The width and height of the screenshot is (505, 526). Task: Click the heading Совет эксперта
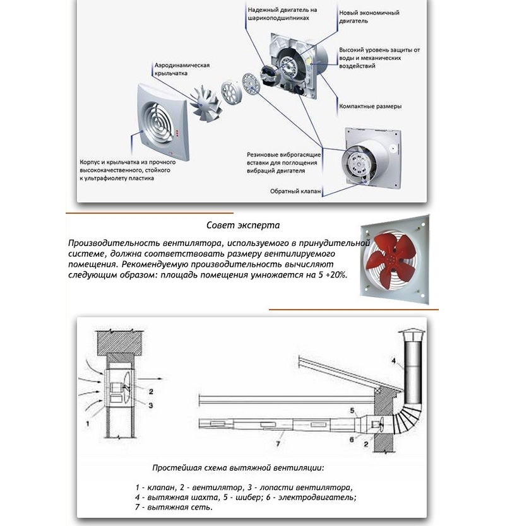[243, 225]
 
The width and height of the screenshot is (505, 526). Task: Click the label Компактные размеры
[370, 107]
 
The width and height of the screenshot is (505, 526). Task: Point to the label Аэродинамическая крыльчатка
[182, 69]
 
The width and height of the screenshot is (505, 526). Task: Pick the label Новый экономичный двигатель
[369, 17]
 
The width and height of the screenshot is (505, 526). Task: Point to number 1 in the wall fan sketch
[88, 424]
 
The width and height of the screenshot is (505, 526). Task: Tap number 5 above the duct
[353, 411]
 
